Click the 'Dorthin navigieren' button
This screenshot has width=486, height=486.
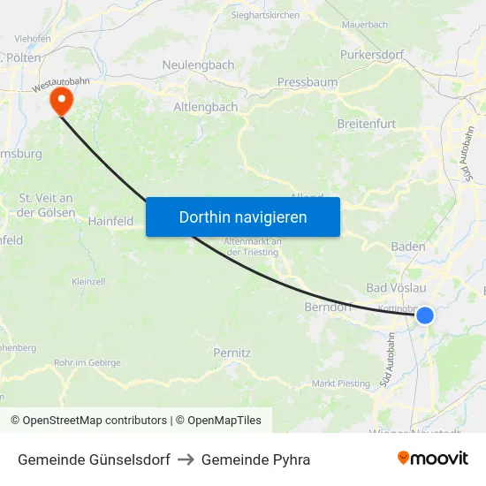242,216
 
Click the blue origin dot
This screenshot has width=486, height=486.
424,315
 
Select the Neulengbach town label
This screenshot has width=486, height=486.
198,65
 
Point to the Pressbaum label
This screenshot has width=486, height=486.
308,82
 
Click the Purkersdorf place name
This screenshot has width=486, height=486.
372,55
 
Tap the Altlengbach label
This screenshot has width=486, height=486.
205,107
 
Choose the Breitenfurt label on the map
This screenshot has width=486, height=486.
367,124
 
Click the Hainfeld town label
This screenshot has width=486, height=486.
110,222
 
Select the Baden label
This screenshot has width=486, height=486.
408,247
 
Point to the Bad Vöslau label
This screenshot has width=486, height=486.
396,288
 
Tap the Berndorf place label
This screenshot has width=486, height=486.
328,308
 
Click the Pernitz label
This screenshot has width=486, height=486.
232,353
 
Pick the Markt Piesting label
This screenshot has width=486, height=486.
341,383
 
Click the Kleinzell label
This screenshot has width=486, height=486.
88,281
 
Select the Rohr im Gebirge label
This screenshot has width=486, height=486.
88,362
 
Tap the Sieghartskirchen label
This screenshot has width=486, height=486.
265,15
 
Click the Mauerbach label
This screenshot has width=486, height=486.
364,25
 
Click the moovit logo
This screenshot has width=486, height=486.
433,459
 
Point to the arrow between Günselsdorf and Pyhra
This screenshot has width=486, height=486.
186,459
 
